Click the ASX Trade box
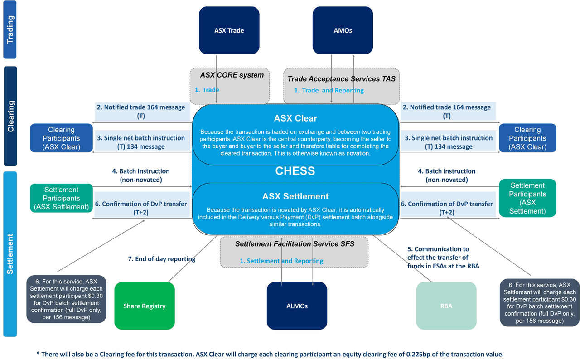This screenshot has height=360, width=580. [x=229, y=30]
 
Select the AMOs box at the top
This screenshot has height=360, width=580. [x=343, y=30]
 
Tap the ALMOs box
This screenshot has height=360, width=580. [x=297, y=306]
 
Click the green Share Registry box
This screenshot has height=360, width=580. [x=145, y=306]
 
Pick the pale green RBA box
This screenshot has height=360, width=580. [x=446, y=306]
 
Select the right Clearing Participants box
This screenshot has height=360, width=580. [x=527, y=138]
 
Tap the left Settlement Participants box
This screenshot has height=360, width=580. [x=61, y=198]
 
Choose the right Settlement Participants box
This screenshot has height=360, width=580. [x=527, y=198]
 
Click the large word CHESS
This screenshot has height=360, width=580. [x=295, y=171]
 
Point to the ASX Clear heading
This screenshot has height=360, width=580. [x=295, y=118]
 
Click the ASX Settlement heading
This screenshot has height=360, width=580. [x=295, y=196]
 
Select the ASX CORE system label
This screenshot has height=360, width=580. [x=232, y=75]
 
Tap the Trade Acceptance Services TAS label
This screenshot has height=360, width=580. [x=341, y=78]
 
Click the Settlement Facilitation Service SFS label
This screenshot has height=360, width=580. [x=295, y=244]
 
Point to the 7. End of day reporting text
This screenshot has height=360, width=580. [x=162, y=259]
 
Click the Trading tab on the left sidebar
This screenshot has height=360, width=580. [x=10, y=30]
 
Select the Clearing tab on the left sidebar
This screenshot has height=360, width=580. [x=10, y=116]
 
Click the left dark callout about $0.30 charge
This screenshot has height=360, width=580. [x=66, y=299]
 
